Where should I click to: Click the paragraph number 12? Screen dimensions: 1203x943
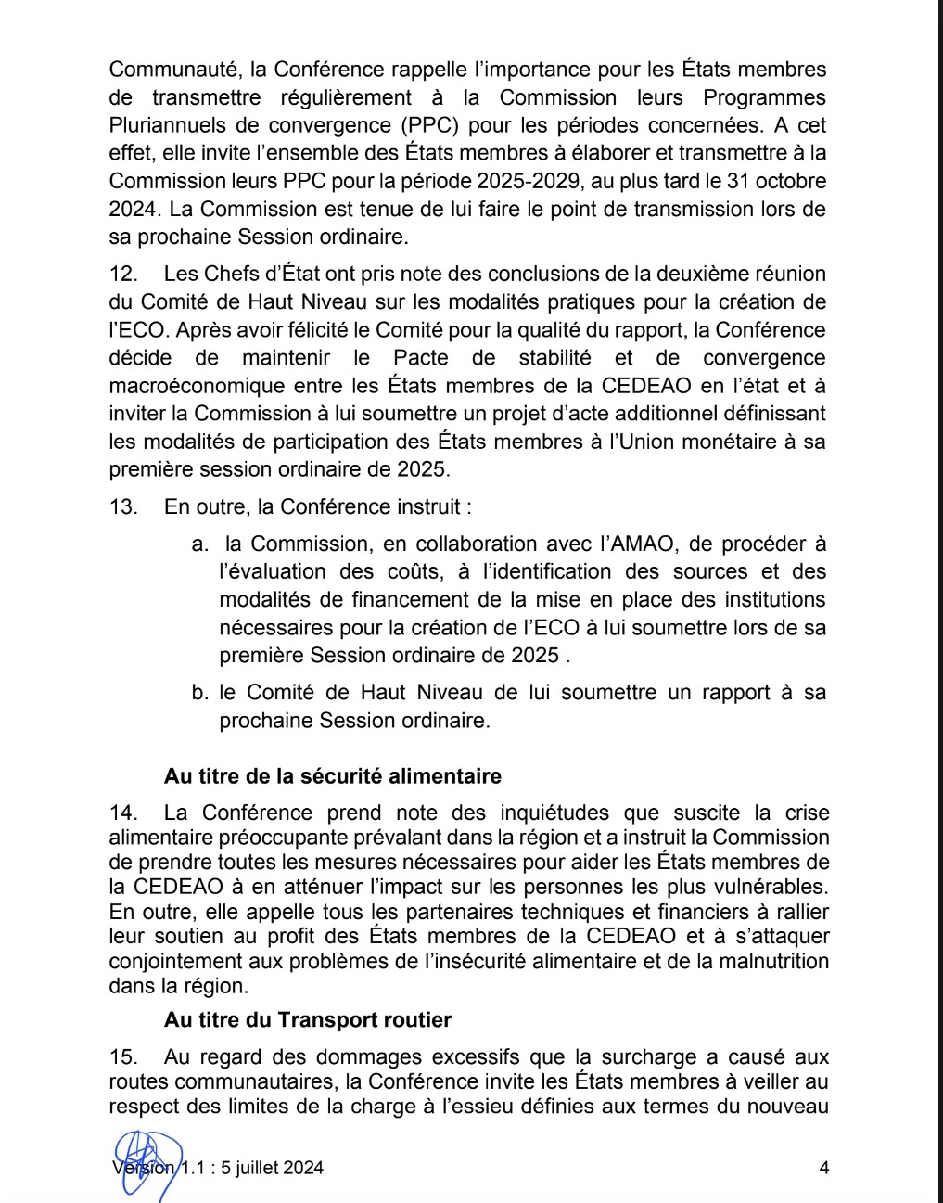[122, 275]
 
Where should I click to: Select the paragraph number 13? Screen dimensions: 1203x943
[122, 507]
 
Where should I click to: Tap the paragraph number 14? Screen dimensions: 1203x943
[122, 813]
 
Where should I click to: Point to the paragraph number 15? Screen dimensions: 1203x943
[122, 1057]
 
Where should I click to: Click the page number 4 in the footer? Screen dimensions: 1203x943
[823, 1168]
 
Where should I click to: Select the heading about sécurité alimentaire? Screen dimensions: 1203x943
[333, 776]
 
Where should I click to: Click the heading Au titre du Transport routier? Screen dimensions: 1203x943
[308, 1020]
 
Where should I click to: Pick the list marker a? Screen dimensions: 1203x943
[198, 544]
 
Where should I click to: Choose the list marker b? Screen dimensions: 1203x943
[198, 693]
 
